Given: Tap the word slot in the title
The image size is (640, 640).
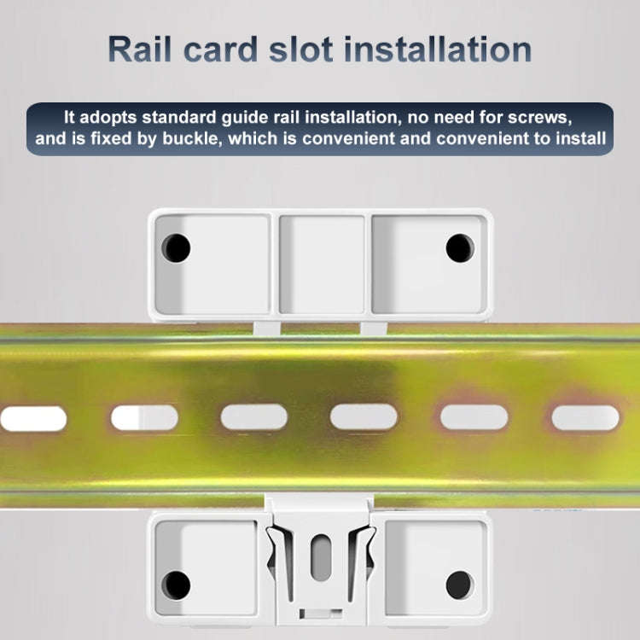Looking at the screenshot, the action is (x=301, y=49).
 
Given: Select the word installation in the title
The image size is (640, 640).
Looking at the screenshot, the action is (x=437, y=49).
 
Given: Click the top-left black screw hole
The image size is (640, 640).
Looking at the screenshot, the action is (x=176, y=247).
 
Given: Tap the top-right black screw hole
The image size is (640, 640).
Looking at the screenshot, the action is (x=460, y=247).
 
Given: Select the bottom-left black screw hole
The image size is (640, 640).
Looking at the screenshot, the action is (x=176, y=585).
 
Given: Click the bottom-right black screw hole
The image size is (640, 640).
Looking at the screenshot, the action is (x=459, y=585).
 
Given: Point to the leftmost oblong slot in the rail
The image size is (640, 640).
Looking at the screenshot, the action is (x=33, y=418).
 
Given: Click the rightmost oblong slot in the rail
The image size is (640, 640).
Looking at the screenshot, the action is (x=585, y=417).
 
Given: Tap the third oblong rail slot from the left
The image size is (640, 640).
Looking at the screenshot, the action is (x=254, y=417).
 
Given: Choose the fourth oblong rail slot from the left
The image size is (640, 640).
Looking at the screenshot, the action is (x=364, y=417).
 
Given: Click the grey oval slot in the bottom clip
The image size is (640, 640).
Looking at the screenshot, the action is (x=321, y=557).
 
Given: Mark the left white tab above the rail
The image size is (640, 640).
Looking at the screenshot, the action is (x=267, y=329).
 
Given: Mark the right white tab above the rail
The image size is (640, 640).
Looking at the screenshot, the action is (x=374, y=329).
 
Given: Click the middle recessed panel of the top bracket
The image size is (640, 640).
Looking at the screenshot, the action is (x=322, y=265).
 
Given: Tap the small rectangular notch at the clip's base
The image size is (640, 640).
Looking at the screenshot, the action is (x=321, y=613).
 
